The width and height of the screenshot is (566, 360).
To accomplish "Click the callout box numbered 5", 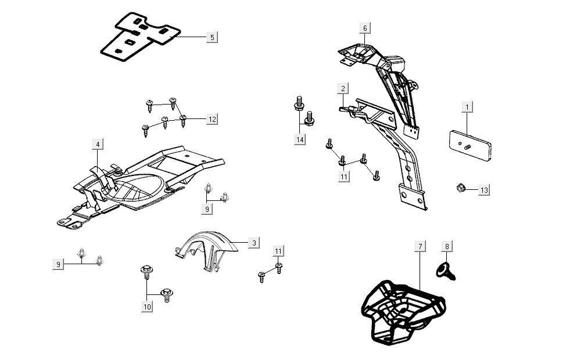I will [x=212, y=37].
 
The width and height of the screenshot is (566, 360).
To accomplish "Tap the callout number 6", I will [x=365, y=28].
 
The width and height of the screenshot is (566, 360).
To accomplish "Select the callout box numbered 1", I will [x=467, y=107].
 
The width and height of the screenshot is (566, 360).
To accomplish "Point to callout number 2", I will [x=343, y=88].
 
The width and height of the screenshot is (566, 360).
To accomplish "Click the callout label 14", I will [x=299, y=140].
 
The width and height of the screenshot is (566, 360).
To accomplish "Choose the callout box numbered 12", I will [x=212, y=119].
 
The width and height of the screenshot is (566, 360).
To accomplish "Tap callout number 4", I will [x=98, y=144].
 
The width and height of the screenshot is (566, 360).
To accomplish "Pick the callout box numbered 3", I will [x=254, y=243].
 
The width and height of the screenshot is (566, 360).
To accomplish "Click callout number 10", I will [x=147, y=307].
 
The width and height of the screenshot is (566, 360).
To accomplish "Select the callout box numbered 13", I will [x=484, y=189].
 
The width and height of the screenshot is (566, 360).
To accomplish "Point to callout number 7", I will [x=420, y=247].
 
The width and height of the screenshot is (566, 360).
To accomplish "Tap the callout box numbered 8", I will [x=447, y=247].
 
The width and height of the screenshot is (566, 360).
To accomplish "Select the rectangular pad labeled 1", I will [x=471, y=145].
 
